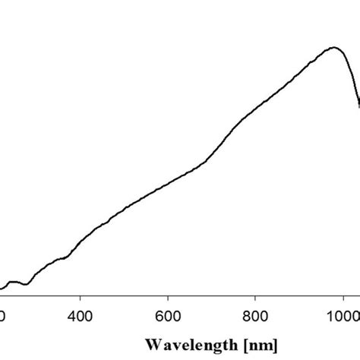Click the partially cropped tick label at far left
pos(2,313)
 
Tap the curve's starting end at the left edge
pos(2,289)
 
